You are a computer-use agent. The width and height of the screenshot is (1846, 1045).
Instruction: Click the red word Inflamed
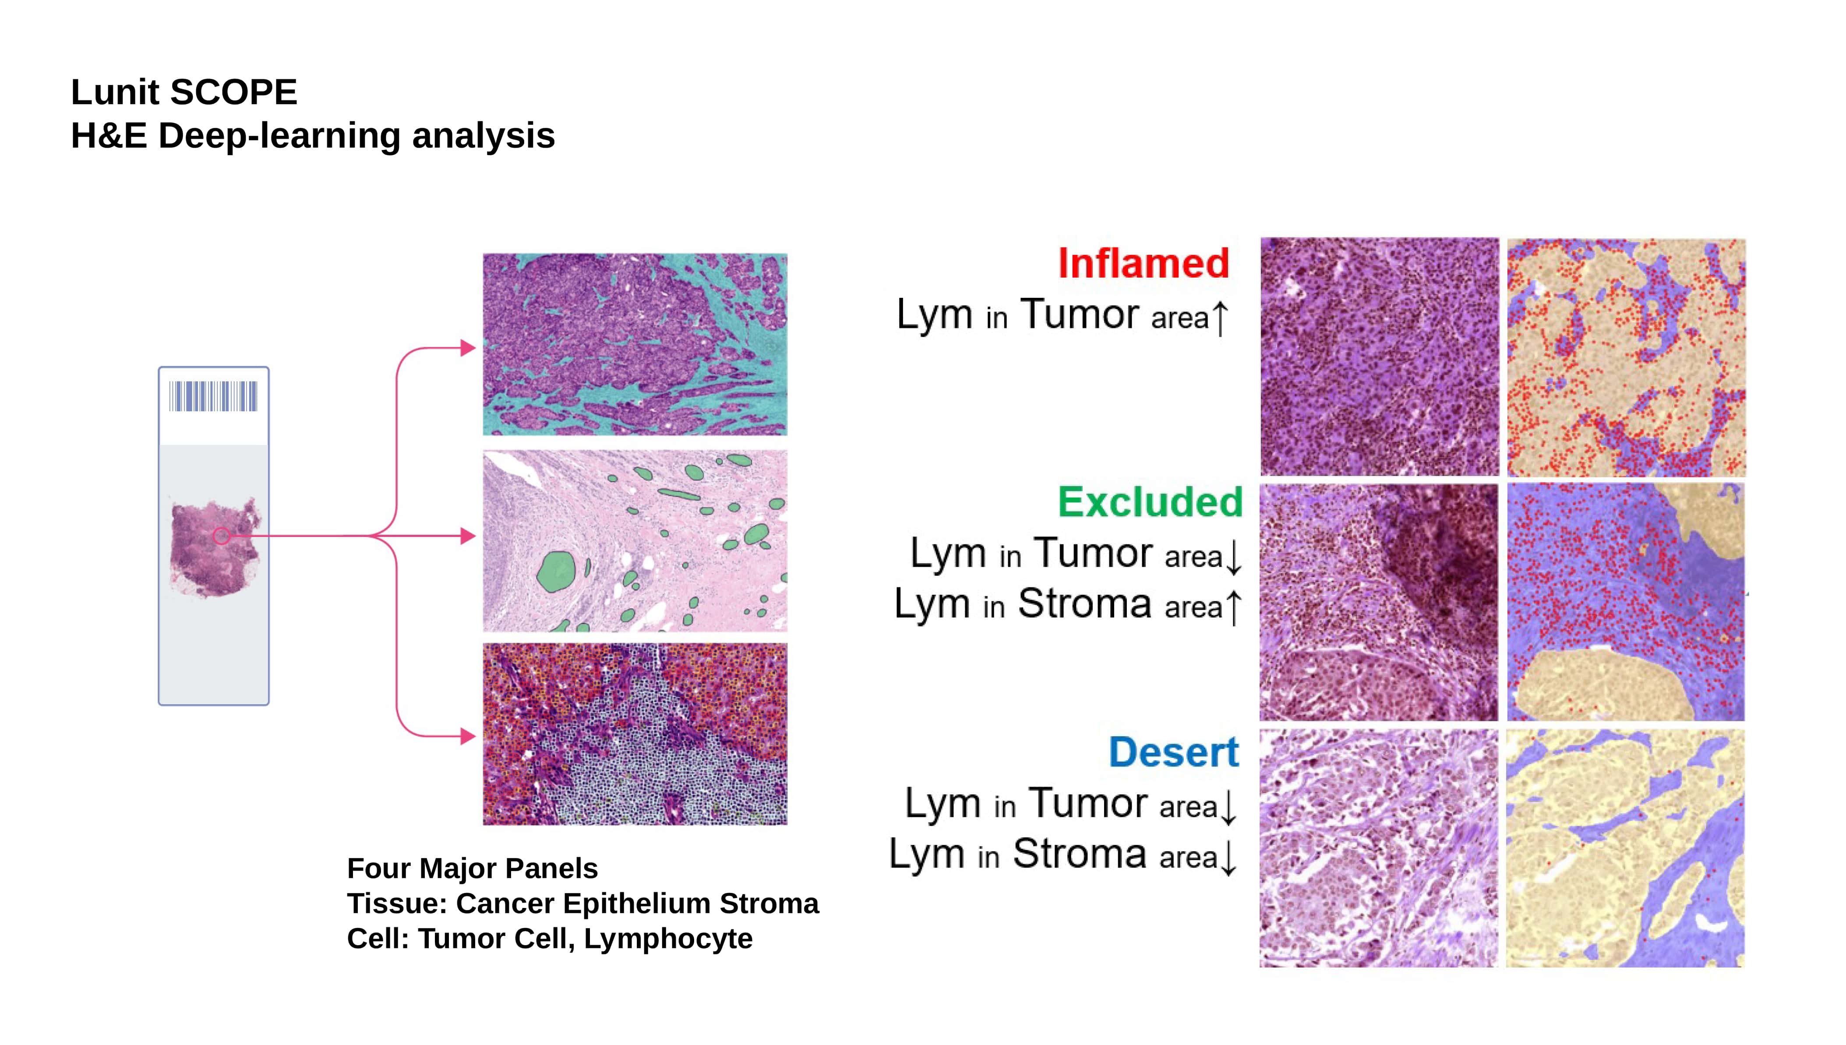(x=1144, y=263)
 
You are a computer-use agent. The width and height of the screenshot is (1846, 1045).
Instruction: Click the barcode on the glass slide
(x=213, y=396)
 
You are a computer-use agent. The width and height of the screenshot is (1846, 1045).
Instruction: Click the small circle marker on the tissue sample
(x=222, y=536)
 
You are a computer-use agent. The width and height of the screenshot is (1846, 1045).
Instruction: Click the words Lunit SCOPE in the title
(x=184, y=92)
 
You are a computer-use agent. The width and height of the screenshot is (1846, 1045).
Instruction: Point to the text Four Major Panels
(x=472, y=868)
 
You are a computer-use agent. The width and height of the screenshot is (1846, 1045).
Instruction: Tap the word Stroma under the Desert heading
(x=1080, y=853)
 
